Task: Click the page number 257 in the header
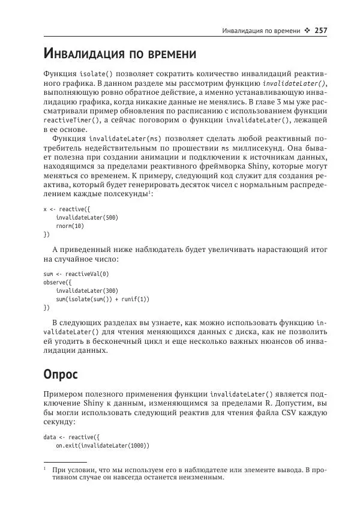point(320,31)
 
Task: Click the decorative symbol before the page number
point(307,31)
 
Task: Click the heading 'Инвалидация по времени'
point(120,55)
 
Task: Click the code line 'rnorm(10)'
point(70,226)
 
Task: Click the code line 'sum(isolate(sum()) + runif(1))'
point(103,299)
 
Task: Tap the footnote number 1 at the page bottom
point(45,467)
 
